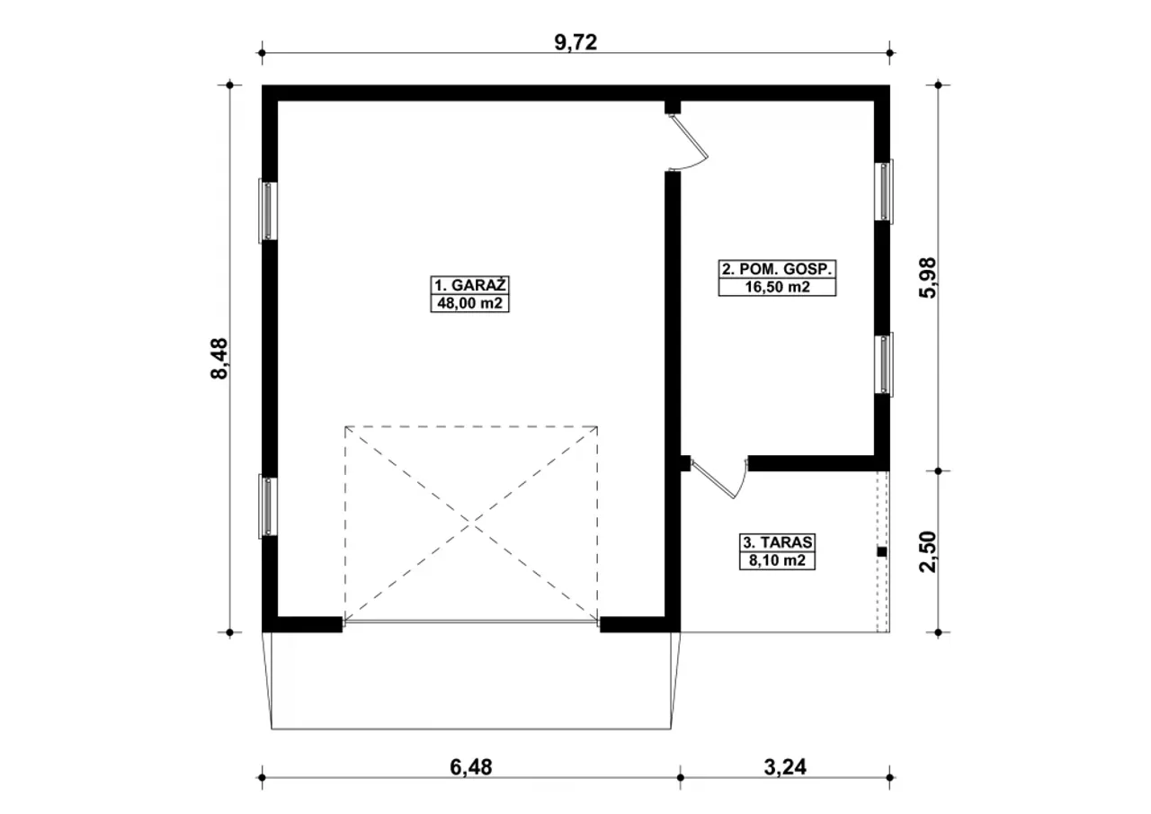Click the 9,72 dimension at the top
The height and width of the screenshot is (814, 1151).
(x=575, y=42)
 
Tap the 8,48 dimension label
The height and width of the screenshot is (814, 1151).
(x=219, y=358)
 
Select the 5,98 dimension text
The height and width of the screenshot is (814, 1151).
(x=928, y=278)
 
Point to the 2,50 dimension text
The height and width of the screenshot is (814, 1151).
(x=928, y=551)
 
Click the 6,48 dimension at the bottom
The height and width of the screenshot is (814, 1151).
(x=470, y=767)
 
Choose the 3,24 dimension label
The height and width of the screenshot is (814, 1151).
(x=785, y=767)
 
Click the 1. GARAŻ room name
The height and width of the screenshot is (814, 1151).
(x=469, y=285)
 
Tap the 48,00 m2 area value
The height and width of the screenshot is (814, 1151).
(x=469, y=303)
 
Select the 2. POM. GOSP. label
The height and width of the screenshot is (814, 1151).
(x=777, y=269)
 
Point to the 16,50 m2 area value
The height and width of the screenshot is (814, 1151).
(x=777, y=287)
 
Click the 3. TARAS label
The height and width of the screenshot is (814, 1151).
(x=777, y=542)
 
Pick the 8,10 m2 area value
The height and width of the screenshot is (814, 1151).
(x=777, y=560)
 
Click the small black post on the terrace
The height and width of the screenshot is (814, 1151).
(x=882, y=552)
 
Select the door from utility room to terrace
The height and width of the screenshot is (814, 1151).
(x=718, y=478)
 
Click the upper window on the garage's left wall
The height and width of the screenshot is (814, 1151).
(x=268, y=210)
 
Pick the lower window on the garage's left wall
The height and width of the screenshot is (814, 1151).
(x=268, y=506)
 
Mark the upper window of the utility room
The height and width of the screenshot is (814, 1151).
(x=884, y=192)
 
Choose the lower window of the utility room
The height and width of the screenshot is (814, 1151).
(x=884, y=364)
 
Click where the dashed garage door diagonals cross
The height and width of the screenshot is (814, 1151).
(x=470, y=523)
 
